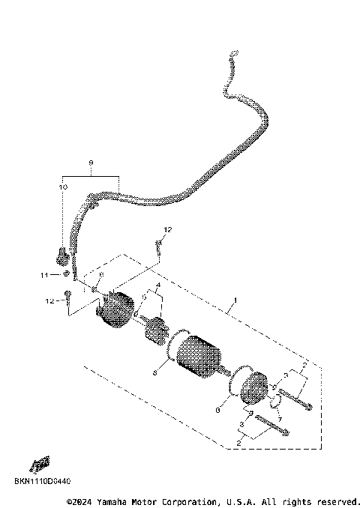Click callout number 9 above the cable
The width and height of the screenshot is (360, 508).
click(90, 163)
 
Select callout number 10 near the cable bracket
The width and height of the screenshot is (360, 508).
click(64, 186)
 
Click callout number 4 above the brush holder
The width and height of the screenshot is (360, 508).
click(158, 285)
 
